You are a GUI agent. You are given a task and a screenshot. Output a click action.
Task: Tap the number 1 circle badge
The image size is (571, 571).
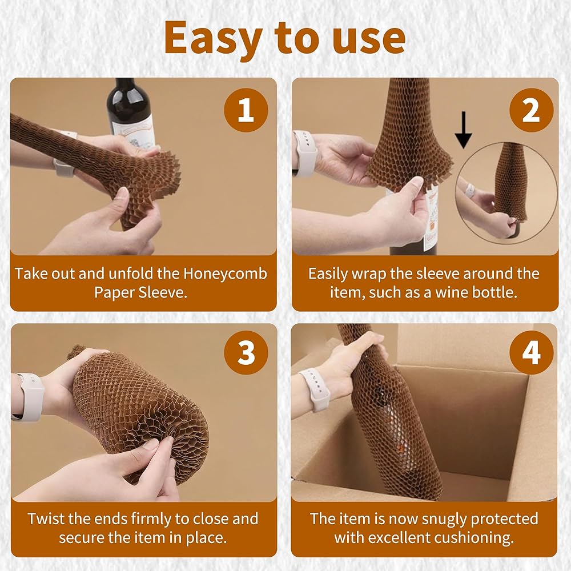coord(246,110)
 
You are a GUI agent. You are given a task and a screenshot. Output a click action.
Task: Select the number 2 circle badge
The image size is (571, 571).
coord(531,110)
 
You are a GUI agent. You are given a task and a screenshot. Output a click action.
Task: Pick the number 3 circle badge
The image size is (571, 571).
coord(246,352)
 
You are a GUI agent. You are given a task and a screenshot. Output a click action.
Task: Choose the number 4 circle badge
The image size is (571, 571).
coord(531,352)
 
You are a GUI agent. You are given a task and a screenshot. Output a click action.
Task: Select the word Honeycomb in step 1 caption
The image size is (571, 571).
coord(224,274)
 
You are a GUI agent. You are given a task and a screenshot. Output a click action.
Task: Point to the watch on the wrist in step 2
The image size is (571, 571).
coord(305,153)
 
